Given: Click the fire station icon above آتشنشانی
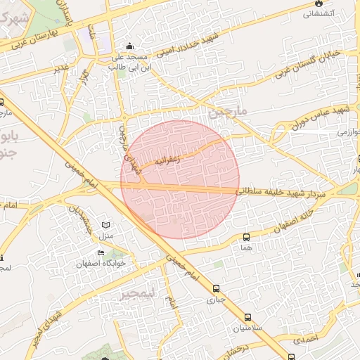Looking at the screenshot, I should pos(321,3).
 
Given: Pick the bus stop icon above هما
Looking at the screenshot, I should pos(245,237).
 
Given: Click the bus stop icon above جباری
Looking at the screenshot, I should pos(215,288).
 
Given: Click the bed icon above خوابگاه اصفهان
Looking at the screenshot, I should pos(101,253).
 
